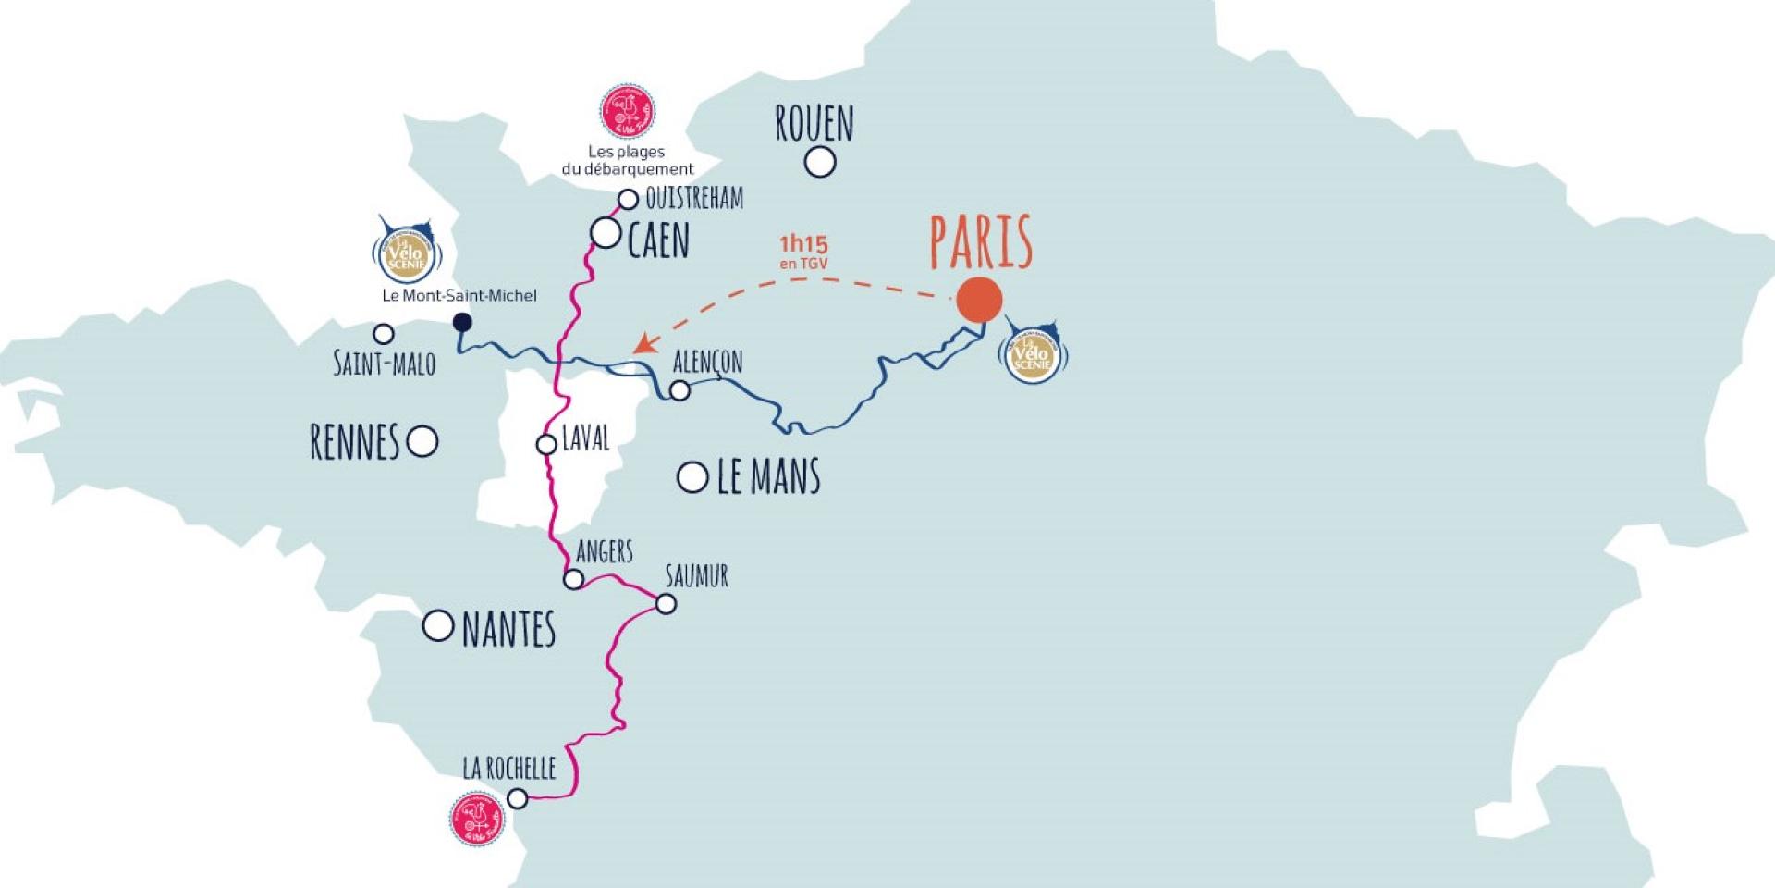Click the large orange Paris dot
[x=978, y=300]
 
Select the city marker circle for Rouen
[x=819, y=163]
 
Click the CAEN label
[x=658, y=240]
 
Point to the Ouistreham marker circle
[x=628, y=199]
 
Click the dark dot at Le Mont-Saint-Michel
[x=462, y=322]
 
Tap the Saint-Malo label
[x=384, y=364]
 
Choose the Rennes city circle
[x=422, y=441]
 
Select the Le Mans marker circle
[x=692, y=477]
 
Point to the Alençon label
[x=707, y=361]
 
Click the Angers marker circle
[x=573, y=580]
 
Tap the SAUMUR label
[x=697, y=576]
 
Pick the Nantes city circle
[x=437, y=626]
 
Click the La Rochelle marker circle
[x=518, y=797]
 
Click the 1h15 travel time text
[x=803, y=245]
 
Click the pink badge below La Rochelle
[x=479, y=820]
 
